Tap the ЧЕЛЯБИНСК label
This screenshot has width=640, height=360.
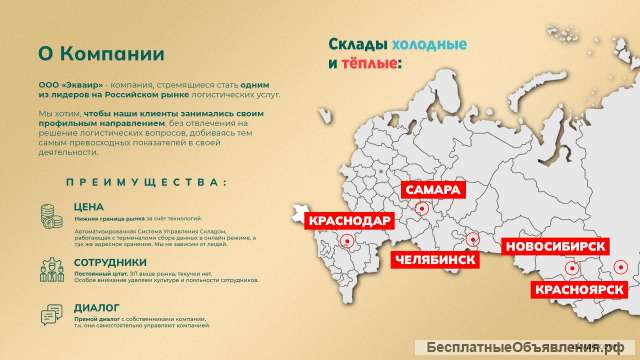[435, 260]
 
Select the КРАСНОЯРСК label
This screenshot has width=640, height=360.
[579, 290]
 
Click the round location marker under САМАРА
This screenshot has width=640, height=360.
[421, 208]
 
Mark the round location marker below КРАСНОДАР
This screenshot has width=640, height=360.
[348, 240]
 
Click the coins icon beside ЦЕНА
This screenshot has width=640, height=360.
[50, 214]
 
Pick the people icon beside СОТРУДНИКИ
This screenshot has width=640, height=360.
[50, 267]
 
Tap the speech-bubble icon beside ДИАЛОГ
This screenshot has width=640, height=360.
[50, 315]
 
